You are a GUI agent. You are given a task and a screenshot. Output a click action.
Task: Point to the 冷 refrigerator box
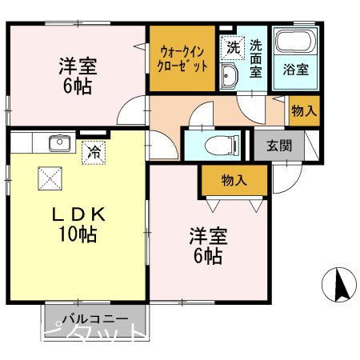point(94,150)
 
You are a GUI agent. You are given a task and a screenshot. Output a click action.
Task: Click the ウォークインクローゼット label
point(183,58)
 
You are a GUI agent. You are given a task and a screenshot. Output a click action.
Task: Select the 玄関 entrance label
point(279,146)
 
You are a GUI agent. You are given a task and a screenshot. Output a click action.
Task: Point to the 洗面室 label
point(255,58)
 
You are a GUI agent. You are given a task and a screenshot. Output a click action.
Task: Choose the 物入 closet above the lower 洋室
point(234,180)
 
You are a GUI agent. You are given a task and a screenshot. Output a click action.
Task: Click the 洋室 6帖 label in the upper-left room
point(78,74)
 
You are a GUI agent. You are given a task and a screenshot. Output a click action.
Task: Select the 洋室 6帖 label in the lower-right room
point(208,246)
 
